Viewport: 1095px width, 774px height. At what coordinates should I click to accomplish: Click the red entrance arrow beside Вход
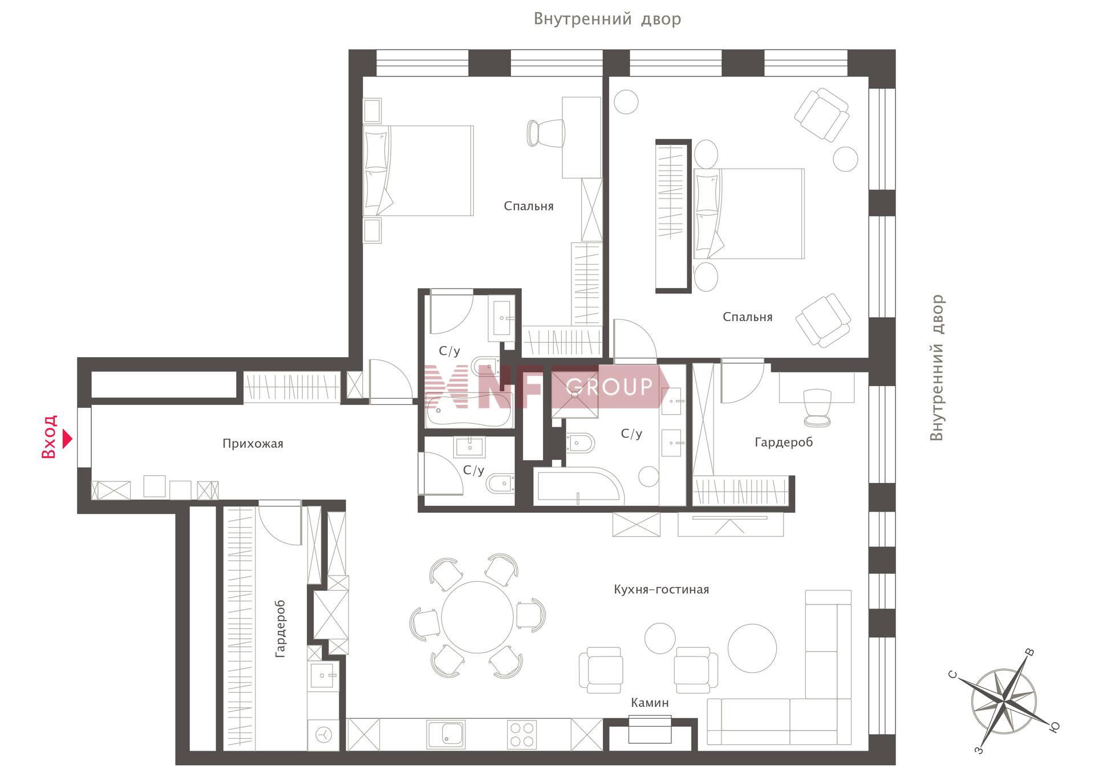(68, 439)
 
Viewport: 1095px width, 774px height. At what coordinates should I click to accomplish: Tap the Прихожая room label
(253, 444)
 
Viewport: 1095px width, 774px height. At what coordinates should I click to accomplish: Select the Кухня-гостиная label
(661, 589)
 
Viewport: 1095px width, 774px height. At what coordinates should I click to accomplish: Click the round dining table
(477, 617)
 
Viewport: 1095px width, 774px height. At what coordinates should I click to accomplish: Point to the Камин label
(650, 703)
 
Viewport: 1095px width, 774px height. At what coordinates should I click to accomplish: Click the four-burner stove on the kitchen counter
(522, 735)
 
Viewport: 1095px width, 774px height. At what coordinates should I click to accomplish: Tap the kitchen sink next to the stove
(446, 735)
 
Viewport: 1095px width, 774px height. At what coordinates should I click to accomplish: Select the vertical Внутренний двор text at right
(936, 368)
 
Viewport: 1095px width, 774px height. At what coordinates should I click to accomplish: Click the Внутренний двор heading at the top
(607, 19)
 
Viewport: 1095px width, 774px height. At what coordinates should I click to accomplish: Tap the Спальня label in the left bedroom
(529, 206)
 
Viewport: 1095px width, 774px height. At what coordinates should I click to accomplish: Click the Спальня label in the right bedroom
(747, 317)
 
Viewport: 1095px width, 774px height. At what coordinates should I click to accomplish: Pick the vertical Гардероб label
(280, 629)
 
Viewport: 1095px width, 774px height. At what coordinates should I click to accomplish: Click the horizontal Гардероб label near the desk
(784, 442)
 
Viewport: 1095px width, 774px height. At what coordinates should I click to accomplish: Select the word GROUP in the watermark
(609, 387)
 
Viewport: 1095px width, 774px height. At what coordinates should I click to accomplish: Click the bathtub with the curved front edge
(579, 487)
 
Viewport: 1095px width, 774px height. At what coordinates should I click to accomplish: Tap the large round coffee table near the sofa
(752, 648)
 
